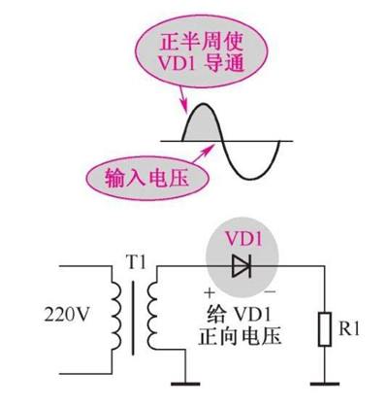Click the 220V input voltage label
(65, 315)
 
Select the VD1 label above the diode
(244, 239)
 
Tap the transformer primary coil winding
(113, 316)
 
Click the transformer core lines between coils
(133, 316)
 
